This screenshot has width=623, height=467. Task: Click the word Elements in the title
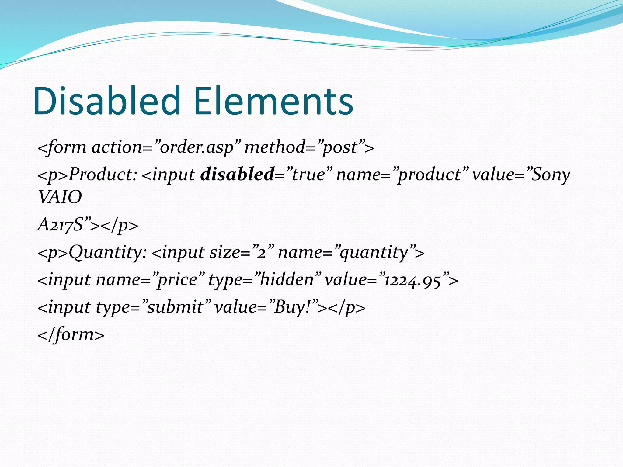tap(273, 101)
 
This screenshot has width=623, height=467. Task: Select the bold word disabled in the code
tap(237, 175)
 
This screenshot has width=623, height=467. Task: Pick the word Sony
tap(551, 175)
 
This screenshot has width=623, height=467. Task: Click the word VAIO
tap(60, 197)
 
